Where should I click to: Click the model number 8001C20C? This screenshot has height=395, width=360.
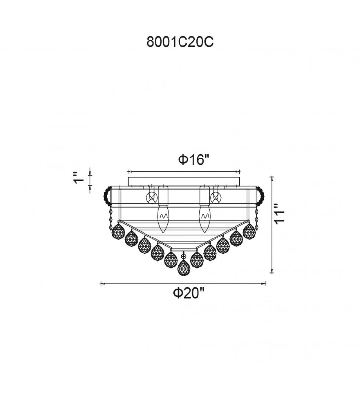point(180,42)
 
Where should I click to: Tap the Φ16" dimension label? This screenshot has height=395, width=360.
point(194,159)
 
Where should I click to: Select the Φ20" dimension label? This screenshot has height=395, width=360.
point(188,293)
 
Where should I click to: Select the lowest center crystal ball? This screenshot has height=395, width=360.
point(184,268)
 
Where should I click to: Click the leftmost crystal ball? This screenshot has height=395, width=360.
point(118,232)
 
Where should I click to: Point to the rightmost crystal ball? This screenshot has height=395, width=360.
point(250,231)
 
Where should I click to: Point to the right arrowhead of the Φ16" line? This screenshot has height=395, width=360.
point(239,172)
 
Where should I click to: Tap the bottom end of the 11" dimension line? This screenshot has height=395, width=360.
point(272,273)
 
